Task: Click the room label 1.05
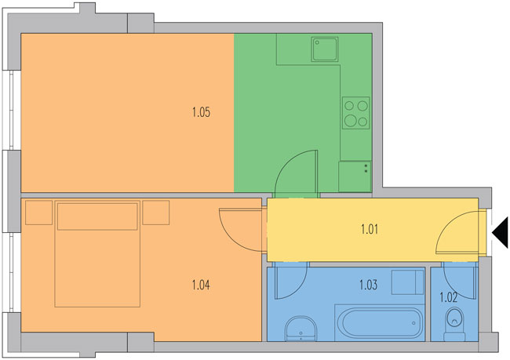click(201, 112)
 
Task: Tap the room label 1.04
click(201, 285)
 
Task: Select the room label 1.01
click(370, 229)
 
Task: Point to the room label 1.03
click(368, 285)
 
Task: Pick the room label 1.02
click(449, 297)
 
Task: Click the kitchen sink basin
click(325, 49)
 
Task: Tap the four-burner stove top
click(356, 113)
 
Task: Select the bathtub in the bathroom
click(380, 323)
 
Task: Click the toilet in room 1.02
click(455, 324)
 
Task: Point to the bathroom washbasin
click(301, 328)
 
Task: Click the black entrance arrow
click(500, 233)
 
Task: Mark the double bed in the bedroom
click(97, 253)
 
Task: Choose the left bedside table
click(38, 213)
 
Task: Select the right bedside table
click(156, 213)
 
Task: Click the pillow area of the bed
click(97, 216)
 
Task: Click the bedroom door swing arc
click(232, 236)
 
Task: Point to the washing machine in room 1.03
click(408, 282)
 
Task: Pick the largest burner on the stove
click(350, 120)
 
